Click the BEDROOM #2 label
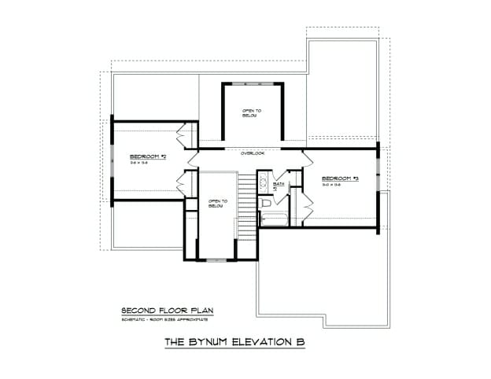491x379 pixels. click(148, 156)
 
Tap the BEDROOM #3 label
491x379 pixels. click(340, 179)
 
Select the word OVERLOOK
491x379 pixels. click(253, 153)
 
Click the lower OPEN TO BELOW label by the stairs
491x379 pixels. click(217, 203)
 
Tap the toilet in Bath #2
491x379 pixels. click(265, 202)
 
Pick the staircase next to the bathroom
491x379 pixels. click(247, 204)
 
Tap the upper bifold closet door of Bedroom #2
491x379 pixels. click(186, 135)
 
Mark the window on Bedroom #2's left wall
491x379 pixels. click(112, 160)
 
